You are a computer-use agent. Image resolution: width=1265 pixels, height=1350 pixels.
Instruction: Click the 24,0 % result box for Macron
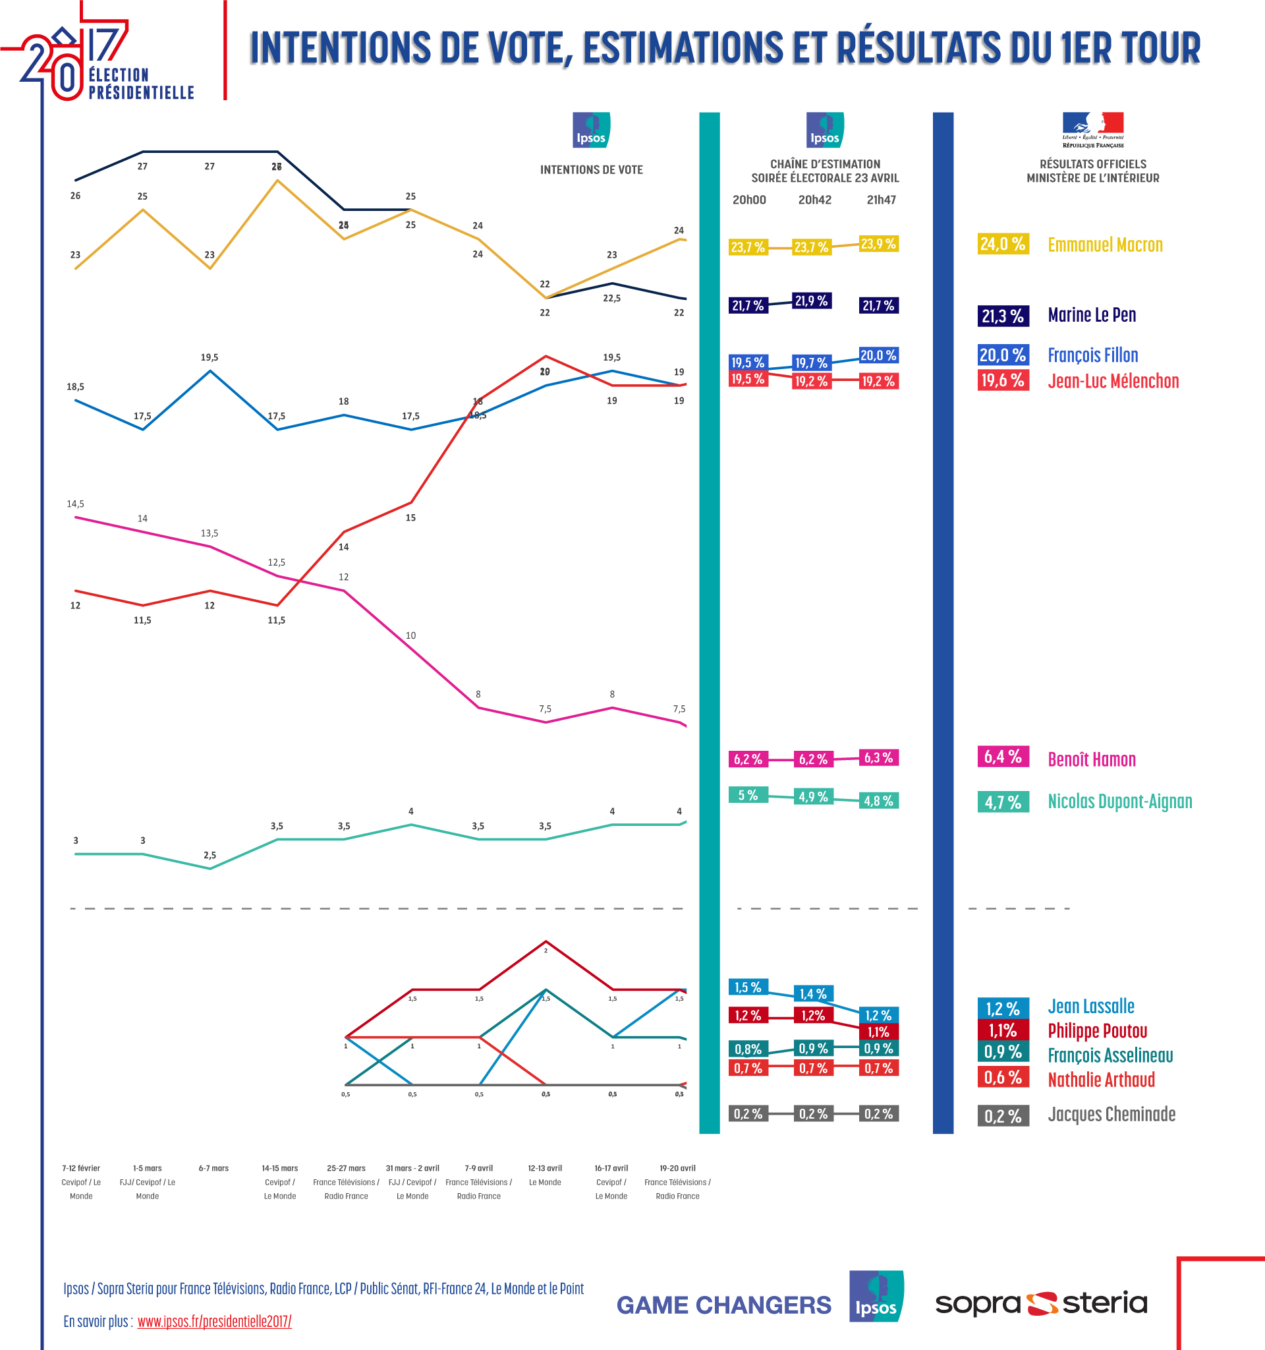point(1002,244)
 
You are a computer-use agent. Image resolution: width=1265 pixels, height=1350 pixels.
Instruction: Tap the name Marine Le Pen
point(1091,315)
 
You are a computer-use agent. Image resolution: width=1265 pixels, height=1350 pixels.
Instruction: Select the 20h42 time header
point(814,200)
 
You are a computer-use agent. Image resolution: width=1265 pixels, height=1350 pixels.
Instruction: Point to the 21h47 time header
point(881,200)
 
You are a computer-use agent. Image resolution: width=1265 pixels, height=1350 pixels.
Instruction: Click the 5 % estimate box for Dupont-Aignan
point(748,795)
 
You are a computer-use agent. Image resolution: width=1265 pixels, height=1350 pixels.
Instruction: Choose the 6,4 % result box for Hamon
point(1002,757)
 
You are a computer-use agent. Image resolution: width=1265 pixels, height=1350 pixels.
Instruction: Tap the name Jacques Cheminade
point(1111,1115)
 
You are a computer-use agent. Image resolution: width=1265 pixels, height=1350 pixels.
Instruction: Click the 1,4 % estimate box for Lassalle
point(813,993)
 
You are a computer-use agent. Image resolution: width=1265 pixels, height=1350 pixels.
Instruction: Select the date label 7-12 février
point(81,1168)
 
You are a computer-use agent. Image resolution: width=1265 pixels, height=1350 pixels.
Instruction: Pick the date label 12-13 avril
point(545,1168)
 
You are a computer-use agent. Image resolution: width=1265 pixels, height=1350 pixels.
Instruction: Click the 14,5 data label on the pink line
point(75,504)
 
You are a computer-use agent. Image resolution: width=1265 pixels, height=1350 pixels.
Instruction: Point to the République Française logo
point(1092,130)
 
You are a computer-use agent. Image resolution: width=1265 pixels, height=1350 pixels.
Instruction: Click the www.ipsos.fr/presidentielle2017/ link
point(214,1322)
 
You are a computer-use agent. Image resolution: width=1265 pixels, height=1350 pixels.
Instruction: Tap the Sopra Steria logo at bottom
point(1041,1303)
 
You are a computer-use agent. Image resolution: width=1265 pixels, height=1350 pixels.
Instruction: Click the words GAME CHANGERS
point(723,1305)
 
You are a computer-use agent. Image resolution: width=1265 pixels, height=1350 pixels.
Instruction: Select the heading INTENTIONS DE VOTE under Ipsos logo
point(591,170)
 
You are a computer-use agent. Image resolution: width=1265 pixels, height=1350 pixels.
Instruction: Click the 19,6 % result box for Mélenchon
point(1002,380)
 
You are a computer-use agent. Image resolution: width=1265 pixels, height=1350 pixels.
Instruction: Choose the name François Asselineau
point(1110,1055)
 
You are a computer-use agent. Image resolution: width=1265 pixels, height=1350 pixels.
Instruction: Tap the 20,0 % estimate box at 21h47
point(878,355)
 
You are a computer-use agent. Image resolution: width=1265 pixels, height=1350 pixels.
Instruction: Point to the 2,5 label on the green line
point(210,855)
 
